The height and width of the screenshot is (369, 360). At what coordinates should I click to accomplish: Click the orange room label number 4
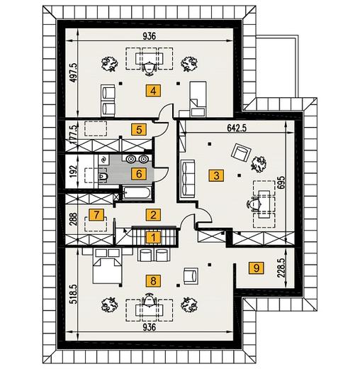153,91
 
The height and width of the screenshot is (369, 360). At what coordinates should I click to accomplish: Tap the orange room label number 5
139,130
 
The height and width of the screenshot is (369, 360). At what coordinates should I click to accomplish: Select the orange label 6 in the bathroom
139,174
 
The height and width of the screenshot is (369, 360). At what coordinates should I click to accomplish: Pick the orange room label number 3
216,175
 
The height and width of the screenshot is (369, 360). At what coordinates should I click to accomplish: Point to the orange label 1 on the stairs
153,237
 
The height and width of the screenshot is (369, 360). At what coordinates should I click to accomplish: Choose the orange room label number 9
256,268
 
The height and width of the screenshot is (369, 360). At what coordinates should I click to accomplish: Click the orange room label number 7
96,215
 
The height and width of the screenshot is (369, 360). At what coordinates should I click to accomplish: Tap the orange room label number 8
153,281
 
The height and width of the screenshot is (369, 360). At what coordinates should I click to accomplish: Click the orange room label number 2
153,215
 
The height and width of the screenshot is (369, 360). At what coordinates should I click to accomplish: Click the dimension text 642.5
237,128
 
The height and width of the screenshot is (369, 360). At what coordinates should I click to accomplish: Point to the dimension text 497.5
74,72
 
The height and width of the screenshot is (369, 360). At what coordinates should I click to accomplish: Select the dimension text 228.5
282,268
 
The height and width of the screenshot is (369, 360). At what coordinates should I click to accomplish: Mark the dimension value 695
282,182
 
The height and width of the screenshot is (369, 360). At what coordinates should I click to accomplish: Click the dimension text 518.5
74,294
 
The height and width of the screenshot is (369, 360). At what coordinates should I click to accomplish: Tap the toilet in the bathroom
103,176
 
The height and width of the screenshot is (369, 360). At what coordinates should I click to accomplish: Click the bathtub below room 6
137,193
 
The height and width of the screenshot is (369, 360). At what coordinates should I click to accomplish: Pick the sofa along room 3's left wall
188,178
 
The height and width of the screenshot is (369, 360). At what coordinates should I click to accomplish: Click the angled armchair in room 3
241,153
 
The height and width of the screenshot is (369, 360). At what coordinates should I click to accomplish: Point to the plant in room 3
259,164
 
